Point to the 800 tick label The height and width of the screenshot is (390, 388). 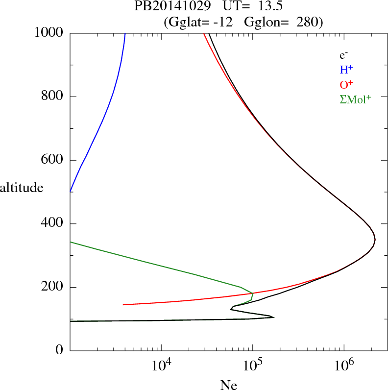click(x=53, y=97)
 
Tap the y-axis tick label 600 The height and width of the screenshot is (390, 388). click(x=53, y=160)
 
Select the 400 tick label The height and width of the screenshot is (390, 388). click(x=53, y=224)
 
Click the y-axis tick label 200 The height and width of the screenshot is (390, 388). click(x=53, y=287)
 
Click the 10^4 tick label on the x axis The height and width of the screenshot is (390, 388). click(x=161, y=365)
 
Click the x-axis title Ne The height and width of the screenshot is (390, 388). click(x=228, y=385)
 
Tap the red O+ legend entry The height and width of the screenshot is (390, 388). click(x=346, y=84)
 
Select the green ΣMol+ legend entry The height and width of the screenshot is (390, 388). click(x=355, y=99)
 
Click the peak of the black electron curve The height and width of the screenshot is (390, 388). click(x=375, y=240)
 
